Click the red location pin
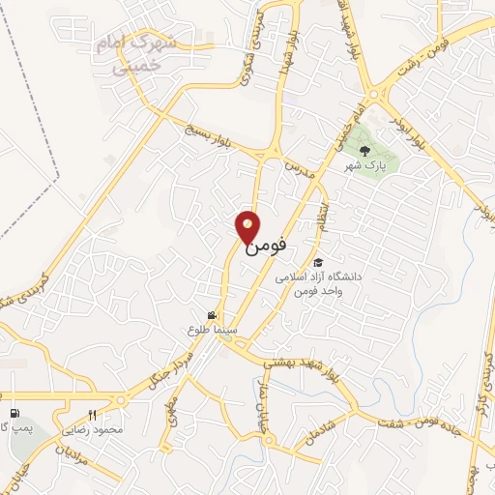tap(248, 226)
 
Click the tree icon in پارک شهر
tap(364, 150)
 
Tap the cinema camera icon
tap(212, 315)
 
